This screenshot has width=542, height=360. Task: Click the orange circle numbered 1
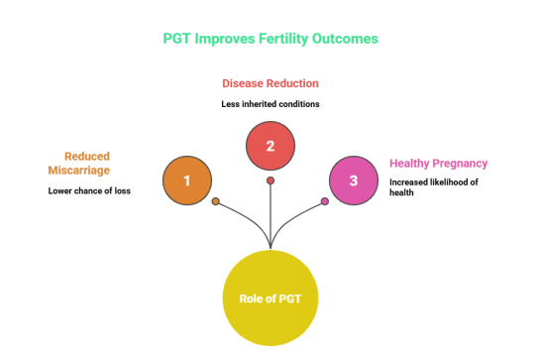[187, 180]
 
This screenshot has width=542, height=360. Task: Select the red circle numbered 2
[271, 146]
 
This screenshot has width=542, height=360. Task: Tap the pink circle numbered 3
[354, 180]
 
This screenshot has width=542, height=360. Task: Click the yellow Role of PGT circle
[271, 298]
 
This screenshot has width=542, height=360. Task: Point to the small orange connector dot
[215, 201]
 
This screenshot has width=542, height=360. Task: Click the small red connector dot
[271, 180]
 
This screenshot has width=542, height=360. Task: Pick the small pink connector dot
[325, 201]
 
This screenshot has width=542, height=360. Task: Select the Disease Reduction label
[271, 84]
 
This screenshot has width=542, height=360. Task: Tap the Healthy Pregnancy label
[438, 164]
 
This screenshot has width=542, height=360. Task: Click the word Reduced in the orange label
[87, 156]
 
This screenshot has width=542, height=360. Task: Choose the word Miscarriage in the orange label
[79, 171]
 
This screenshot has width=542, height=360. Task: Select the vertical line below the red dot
[271, 213]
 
